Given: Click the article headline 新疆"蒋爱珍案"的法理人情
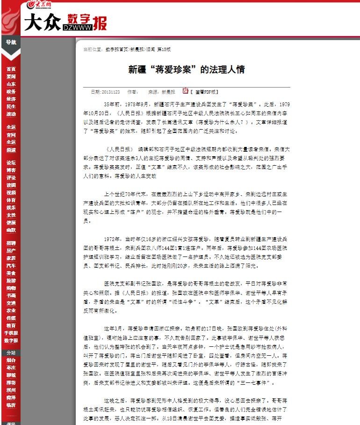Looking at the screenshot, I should [x=187, y=70].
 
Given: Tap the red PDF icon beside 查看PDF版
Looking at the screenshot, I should [x=185, y=91].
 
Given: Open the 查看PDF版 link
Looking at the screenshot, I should [x=205, y=92].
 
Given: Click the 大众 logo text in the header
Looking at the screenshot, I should [x=42, y=22].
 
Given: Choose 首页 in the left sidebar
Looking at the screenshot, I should [x=11, y=69].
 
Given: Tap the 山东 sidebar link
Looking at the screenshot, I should [x=11, y=84].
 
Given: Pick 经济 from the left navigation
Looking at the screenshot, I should [x=11, y=99].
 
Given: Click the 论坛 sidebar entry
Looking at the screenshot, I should [x=11, y=162].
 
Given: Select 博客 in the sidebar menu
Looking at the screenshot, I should [x=11, y=170].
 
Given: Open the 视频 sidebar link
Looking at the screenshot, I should [x=11, y=192].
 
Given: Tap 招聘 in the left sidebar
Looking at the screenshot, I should [x=11, y=243].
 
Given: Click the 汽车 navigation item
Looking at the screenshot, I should [x=11, y=265].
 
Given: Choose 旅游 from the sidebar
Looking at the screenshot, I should [x=11, y=280].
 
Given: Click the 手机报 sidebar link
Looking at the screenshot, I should [x=11, y=333].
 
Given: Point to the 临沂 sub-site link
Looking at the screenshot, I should [x=11, y=405].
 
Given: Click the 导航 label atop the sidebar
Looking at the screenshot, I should [x=11, y=42].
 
